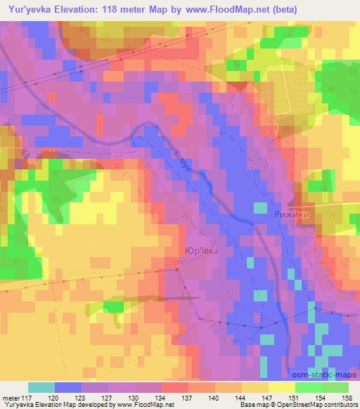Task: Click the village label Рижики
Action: (292, 217)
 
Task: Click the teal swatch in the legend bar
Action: (41, 387)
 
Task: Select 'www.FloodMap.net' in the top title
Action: (217, 10)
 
